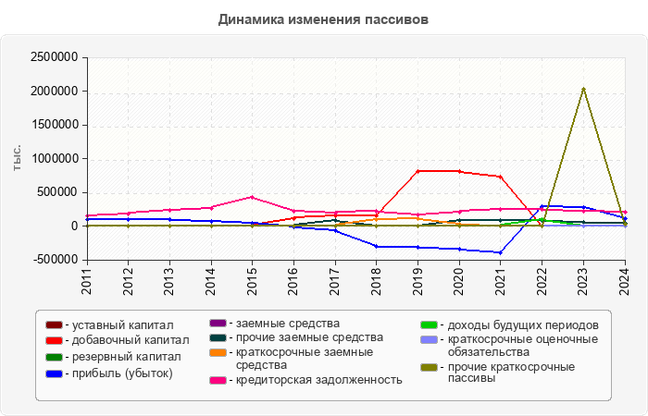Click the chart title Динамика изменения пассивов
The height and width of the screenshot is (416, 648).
tap(324, 19)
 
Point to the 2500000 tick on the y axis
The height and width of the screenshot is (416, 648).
tap(55, 57)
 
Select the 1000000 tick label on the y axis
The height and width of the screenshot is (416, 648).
tap(55, 159)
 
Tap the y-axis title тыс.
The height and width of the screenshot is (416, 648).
tap(18, 158)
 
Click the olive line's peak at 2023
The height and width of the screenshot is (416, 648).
tap(583, 89)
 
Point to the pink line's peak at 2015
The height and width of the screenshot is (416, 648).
tap(252, 197)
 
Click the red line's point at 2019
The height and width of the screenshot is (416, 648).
tap(417, 171)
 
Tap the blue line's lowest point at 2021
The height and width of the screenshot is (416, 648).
tap(501, 252)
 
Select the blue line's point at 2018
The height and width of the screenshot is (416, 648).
tap(376, 246)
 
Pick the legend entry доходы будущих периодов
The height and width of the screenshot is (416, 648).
tap(516, 325)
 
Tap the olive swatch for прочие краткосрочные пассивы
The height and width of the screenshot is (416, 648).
tap(428, 368)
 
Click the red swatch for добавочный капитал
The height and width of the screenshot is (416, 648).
tap(54, 341)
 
